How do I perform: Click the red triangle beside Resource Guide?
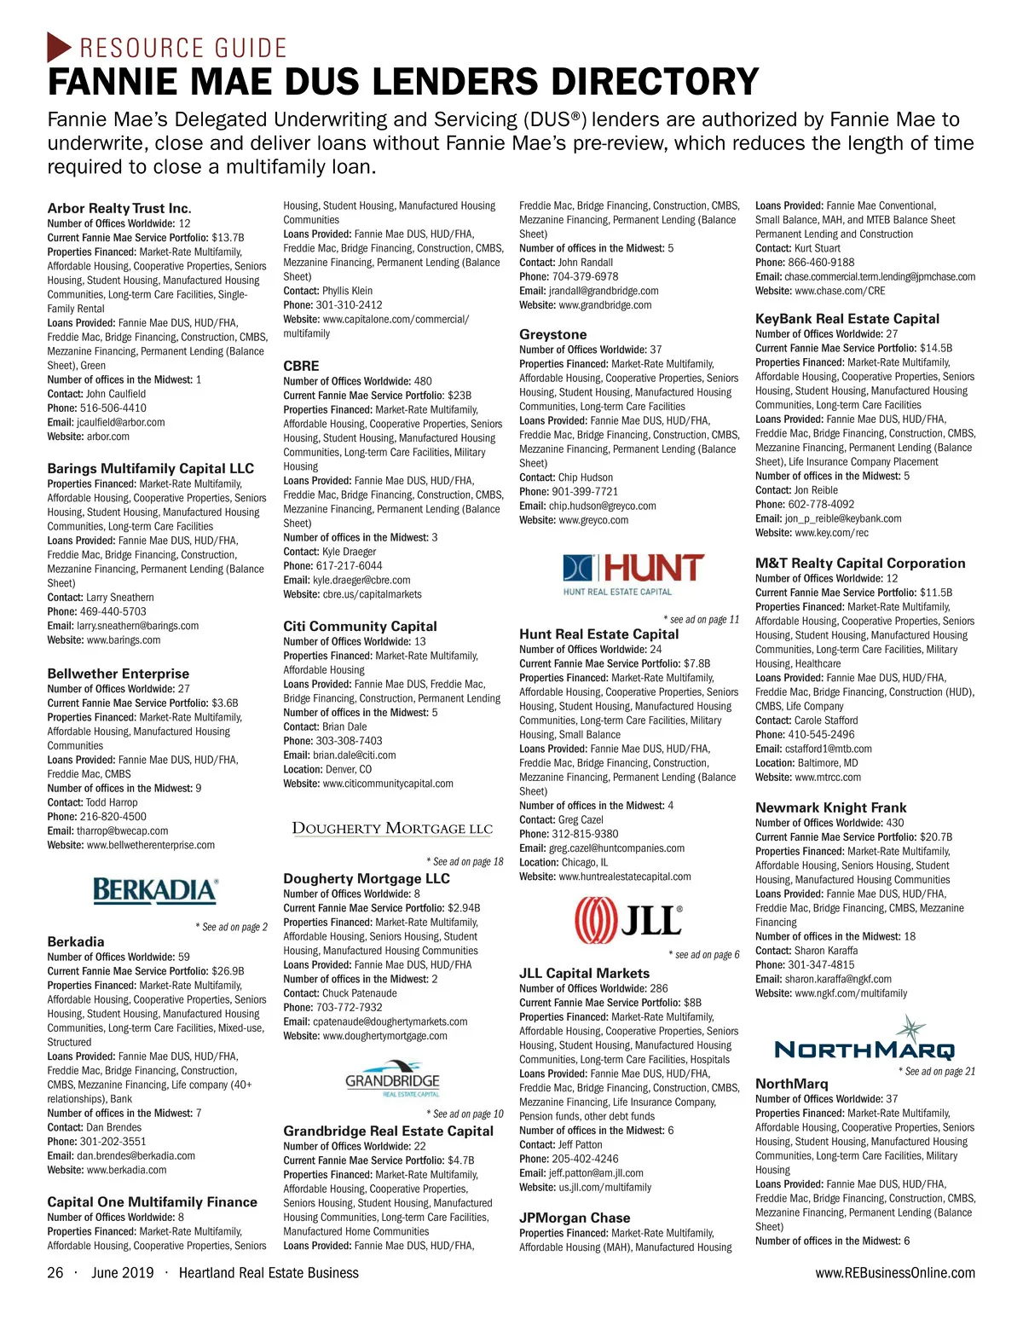point(59,47)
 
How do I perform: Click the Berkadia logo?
point(155,891)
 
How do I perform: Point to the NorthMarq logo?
point(864,1042)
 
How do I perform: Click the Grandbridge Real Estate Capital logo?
point(392,1079)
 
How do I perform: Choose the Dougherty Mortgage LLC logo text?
point(392,828)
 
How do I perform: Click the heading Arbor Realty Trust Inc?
point(119,208)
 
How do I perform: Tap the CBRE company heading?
point(301,366)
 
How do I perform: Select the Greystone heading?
point(553,334)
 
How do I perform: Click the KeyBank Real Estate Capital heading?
point(847,319)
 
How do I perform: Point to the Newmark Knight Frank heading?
point(831,807)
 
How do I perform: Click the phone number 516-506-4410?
point(113,408)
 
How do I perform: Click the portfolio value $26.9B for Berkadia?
point(228,971)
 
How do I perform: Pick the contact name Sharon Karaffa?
point(826,951)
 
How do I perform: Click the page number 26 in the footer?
point(55,1273)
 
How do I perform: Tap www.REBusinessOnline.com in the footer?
point(895,1273)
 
